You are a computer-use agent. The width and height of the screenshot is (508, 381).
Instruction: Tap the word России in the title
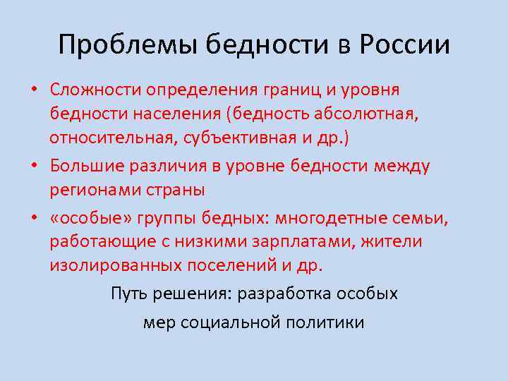click(405, 46)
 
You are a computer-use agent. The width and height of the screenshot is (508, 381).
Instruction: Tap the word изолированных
click(107, 266)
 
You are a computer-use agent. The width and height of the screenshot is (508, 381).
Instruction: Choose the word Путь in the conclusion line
click(128, 294)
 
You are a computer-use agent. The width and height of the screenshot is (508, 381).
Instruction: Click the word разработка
click(299, 294)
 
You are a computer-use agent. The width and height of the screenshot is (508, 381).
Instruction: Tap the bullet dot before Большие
click(34, 166)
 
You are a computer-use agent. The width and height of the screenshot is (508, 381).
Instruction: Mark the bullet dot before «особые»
click(34, 217)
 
